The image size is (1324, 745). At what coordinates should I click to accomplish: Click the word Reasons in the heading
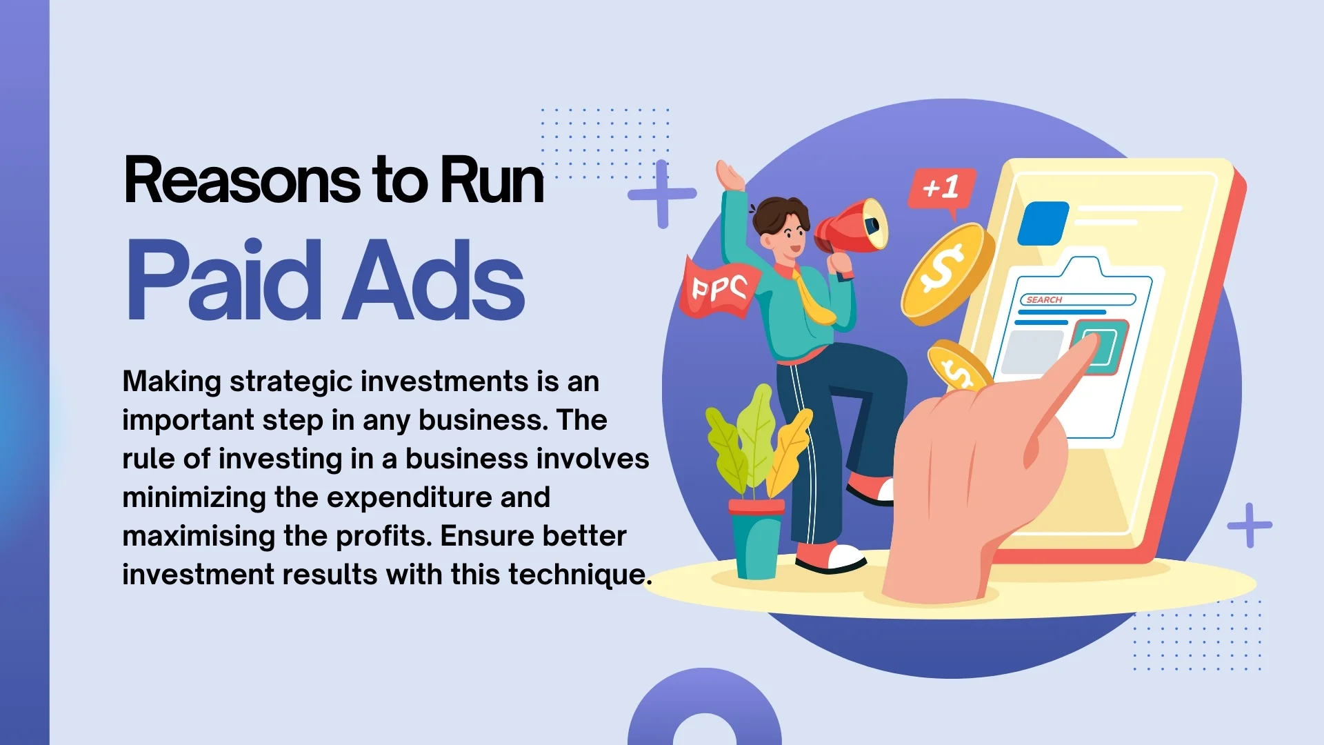point(241,181)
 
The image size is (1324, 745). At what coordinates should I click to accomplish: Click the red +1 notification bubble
point(941,188)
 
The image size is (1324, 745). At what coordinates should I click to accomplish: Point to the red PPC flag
point(719,288)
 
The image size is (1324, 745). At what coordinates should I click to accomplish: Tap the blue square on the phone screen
point(1043,223)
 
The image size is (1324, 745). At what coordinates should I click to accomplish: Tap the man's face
point(790,238)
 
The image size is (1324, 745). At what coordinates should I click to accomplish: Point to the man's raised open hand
point(730,176)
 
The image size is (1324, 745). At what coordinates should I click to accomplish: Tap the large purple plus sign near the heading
point(662,194)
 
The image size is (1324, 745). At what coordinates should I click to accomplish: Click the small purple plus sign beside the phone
point(1249,526)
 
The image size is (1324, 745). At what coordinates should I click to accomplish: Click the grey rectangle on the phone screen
point(1032,352)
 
